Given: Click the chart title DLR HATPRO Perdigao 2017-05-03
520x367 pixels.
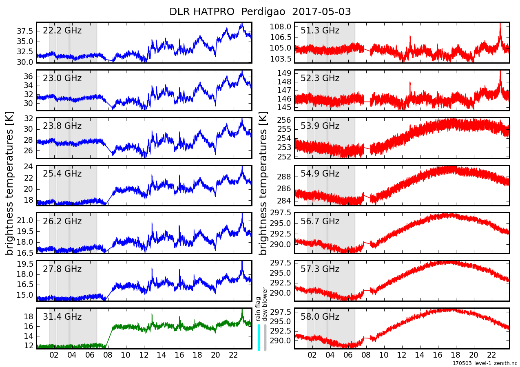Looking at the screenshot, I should point(260,12).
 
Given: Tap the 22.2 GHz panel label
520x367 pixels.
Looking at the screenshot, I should point(62,31).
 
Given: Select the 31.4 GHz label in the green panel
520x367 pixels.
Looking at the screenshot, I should point(62,317).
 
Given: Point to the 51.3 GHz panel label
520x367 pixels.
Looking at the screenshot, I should point(320,31).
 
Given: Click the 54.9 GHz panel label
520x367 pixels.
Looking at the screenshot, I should point(320,174).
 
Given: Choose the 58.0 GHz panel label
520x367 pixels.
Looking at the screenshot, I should point(320,317).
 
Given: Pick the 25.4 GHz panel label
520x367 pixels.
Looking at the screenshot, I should point(62,174).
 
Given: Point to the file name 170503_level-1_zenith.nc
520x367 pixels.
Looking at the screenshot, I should point(485,363).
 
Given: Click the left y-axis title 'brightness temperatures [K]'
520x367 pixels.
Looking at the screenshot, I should point(10,183).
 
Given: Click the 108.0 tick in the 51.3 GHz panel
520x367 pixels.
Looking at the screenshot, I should point(281,27).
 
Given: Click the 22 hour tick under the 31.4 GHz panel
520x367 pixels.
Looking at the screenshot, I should point(233,355).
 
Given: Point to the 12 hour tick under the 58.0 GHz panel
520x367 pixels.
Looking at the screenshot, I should point(402,355).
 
